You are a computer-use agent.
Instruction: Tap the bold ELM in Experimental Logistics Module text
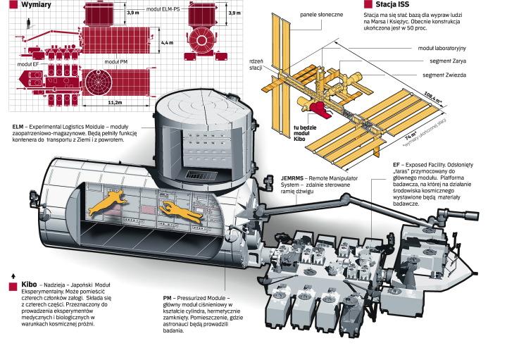(19, 128)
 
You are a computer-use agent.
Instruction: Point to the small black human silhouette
(27, 25)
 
